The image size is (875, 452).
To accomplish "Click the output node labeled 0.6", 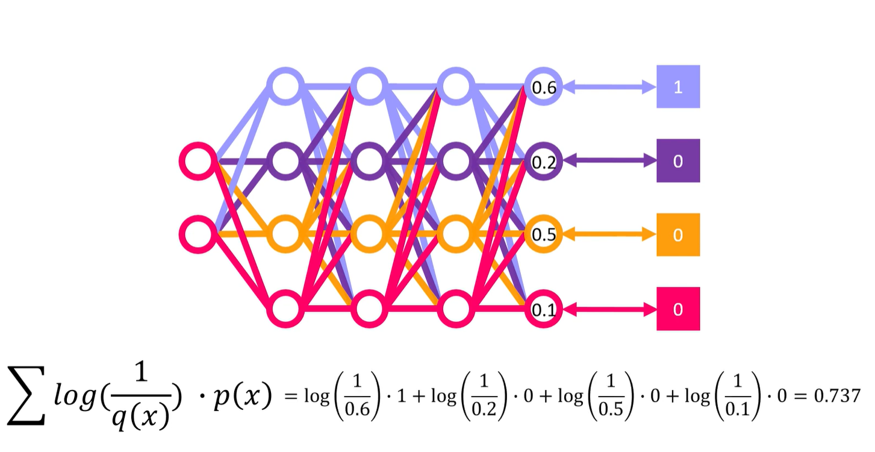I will click(543, 87).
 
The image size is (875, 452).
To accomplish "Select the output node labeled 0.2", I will click(543, 162).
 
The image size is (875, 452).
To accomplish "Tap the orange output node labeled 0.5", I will click(543, 234).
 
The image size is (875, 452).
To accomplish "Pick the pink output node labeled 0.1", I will click(543, 309).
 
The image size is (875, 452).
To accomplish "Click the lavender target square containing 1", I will click(677, 87).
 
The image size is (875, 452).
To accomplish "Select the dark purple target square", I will click(677, 161).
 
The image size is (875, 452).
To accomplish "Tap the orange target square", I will click(677, 234).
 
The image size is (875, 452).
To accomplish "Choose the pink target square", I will click(677, 309).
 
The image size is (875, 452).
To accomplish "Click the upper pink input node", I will click(198, 161).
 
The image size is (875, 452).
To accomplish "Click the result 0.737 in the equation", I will click(837, 396).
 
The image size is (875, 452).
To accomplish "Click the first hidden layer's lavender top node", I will click(287, 87).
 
